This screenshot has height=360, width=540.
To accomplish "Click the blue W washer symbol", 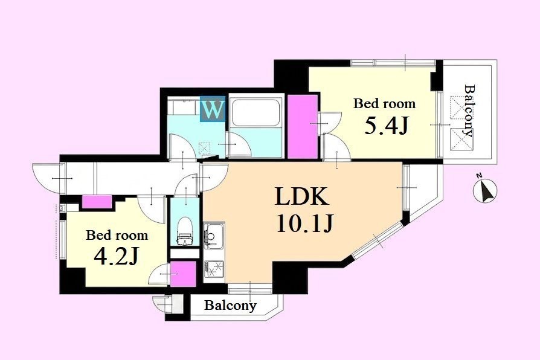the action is click(213, 109).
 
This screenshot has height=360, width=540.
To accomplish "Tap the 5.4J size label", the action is click(386, 126).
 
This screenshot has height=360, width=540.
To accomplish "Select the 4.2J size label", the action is click(116, 257).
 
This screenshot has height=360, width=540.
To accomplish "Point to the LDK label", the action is click(301, 196).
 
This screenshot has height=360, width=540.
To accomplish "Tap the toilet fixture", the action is click(185, 231).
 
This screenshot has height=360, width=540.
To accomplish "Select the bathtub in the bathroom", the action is click(255, 112).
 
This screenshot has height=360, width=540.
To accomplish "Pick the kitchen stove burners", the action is click(214, 269).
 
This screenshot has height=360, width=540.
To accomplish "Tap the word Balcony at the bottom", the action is click(230, 305).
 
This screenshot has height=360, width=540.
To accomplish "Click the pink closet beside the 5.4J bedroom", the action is click(303, 127).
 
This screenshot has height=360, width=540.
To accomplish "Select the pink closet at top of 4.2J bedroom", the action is click(97, 202).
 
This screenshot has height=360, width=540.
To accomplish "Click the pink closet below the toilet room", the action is click(183, 274).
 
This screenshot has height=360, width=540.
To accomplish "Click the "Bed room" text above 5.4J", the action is click(384, 103).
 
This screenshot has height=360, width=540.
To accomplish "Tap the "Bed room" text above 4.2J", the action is click(117, 236).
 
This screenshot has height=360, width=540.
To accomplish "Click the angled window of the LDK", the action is click(377, 240).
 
